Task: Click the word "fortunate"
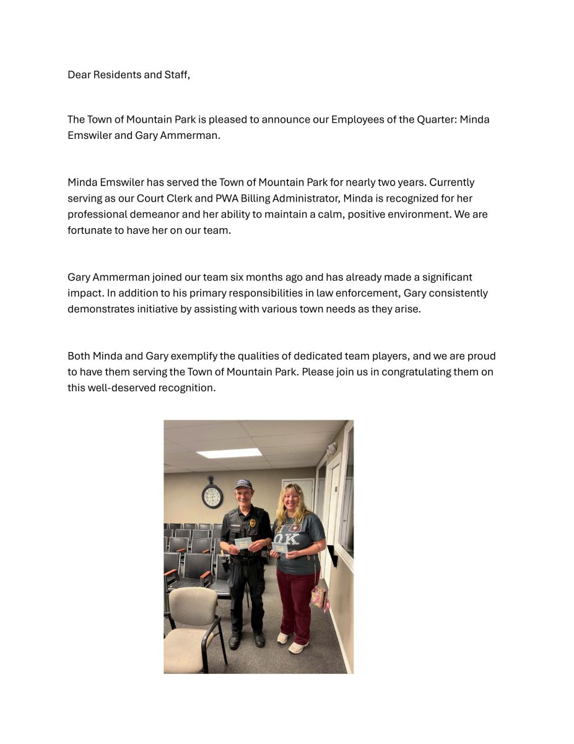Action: point(89,231)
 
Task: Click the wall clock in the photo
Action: point(212,496)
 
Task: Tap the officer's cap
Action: point(243,484)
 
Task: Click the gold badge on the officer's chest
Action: point(253,523)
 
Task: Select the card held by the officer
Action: point(243,543)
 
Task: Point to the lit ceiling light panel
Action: point(229,453)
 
